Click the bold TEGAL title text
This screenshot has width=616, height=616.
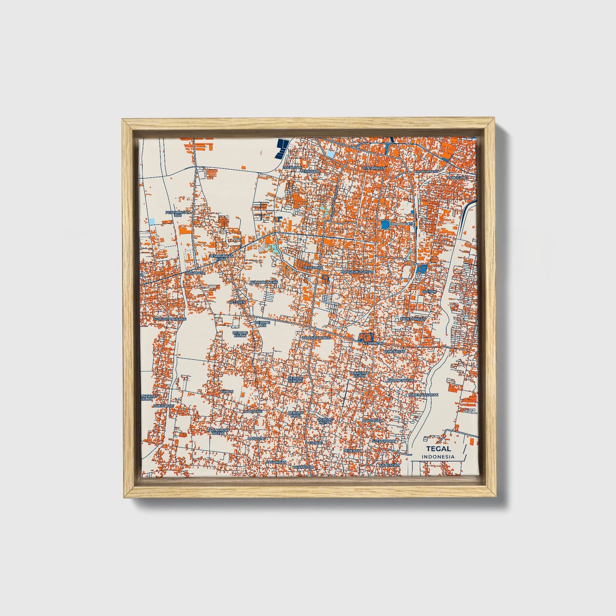(438, 448)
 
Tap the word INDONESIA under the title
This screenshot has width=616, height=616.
(438, 457)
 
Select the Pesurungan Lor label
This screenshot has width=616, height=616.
(178, 213)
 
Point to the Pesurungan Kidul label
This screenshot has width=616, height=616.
(222, 257)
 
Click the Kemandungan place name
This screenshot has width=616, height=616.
(263, 282)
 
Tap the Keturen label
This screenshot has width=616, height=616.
(237, 302)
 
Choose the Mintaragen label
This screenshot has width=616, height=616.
(374, 168)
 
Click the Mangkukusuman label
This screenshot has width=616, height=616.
(357, 272)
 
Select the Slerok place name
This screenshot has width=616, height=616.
(429, 291)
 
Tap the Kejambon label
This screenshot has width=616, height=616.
(373, 343)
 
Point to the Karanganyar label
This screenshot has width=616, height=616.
(400, 380)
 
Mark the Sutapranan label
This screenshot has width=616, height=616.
(383, 441)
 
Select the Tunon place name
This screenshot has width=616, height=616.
(227, 391)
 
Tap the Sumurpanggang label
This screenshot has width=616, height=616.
(170, 318)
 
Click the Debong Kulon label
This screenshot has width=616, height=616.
(240, 334)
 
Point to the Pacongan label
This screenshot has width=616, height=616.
(276, 462)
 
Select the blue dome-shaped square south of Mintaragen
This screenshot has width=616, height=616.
(386, 224)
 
